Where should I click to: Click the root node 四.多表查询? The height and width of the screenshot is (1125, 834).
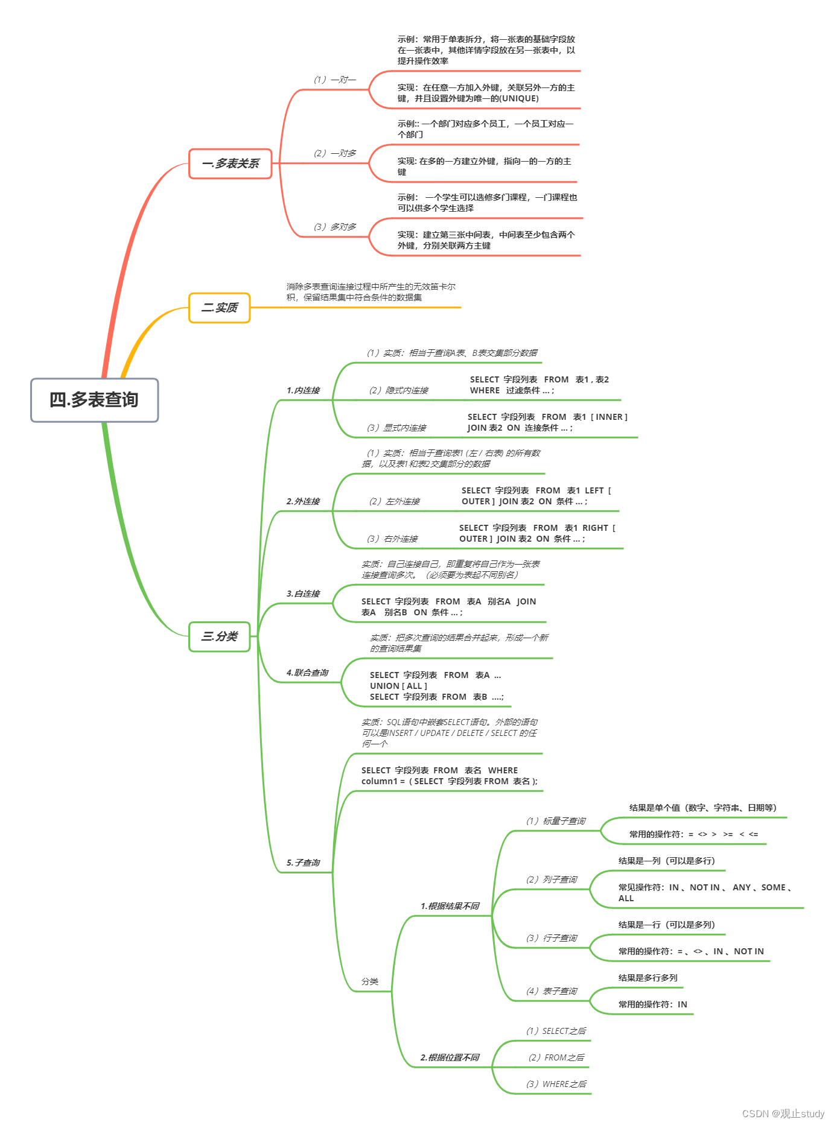click(x=94, y=400)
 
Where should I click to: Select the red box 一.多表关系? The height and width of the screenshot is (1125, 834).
click(x=231, y=163)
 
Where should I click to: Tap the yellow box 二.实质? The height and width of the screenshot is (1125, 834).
click(x=220, y=308)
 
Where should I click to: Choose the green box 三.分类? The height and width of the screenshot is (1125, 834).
click(x=220, y=636)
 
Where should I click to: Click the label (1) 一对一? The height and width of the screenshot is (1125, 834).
click(x=334, y=80)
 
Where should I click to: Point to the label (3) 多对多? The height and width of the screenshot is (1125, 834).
click(x=334, y=227)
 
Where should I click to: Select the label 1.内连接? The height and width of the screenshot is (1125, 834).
click(x=303, y=390)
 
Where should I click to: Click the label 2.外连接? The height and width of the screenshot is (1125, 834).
click(x=303, y=501)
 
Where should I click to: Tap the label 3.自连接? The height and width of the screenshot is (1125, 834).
click(x=303, y=594)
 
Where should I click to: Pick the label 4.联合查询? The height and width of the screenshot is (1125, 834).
click(x=307, y=673)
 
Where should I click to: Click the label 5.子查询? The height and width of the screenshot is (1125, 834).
click(x=303, y=863)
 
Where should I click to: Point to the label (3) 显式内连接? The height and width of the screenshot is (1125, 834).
click(x=396, y=428)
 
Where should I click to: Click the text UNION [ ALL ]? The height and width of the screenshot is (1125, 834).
click(x=398, y=686)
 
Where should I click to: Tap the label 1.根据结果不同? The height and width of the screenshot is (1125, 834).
click(x=450, y=906)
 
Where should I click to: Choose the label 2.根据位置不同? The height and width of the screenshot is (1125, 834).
click(x=450, y=1057)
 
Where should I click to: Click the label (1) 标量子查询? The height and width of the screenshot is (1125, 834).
click(x=555, y=821)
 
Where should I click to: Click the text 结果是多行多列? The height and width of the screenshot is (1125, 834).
click(x=648, y=978)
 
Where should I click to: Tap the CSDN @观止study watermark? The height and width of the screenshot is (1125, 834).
click(x=783, y=1114)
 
